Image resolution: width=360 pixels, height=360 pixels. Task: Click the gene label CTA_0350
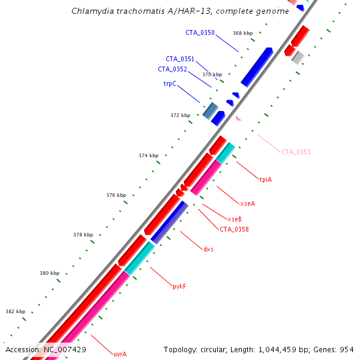(x=200, y=32)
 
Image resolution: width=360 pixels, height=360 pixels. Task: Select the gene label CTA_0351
(x=180, y=59)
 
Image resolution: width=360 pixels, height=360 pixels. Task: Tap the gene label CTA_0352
(x=173, y=69)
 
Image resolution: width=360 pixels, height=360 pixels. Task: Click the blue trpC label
(x=170, y=84)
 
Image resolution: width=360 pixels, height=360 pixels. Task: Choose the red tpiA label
(x=266, y=179)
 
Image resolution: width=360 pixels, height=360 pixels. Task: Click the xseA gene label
(x=247, y=203)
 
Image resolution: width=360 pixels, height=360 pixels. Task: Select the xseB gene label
(x=235, y=219)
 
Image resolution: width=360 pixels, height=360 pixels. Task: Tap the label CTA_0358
(x=234, y=229)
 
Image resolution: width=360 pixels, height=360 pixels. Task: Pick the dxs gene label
(x=208, y=249)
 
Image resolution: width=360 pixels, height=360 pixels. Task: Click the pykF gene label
(x=179, y=287)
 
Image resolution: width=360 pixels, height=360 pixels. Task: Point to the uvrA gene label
(x=120, y=354)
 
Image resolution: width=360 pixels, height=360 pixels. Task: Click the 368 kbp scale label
(x=243, y=33)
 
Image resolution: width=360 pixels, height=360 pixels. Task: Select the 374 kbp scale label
(x=148, y=155)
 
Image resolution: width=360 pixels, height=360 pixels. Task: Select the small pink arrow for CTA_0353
(x=238, y=118)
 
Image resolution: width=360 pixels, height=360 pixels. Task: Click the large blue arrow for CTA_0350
(x=257, y=67)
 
